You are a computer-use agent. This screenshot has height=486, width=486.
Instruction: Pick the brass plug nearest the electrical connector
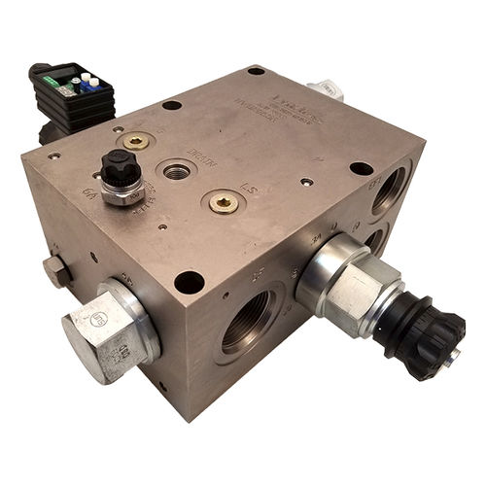(x=137, y=141)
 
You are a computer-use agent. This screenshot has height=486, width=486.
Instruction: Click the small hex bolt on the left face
(x=55, y=270)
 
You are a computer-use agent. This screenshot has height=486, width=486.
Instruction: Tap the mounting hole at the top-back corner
(x=256, y=71)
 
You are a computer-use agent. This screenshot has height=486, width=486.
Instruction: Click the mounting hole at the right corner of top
(x=361, y=168)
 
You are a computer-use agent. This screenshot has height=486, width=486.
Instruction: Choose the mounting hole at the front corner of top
(x=189, y=282)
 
